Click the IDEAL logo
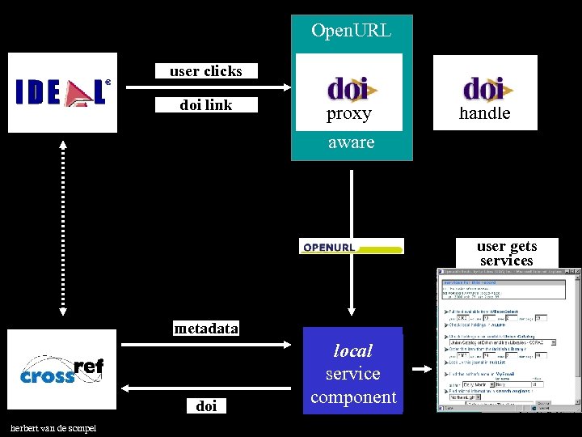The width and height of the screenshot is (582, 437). point(62,92)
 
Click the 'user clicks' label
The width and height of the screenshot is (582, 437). point(205,71)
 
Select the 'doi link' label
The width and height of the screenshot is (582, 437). point(205,104)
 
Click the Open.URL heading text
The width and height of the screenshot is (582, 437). point(351,32)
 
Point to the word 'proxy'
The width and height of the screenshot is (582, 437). point(348,114)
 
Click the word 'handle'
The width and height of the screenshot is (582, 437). point(484,114)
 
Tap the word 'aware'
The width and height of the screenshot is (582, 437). point(351,142)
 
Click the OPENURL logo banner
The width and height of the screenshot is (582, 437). point(351,247)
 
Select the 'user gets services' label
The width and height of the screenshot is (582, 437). point(506,253)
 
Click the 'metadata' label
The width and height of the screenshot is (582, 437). point(206,328)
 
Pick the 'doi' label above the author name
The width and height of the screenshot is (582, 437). point(206,405)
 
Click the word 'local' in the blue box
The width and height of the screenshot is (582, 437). point(353,350)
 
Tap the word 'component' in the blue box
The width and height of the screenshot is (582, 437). point(353,397)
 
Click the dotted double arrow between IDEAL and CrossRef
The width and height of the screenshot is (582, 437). point(63,231)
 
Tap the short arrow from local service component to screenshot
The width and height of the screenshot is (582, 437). point(422,370)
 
